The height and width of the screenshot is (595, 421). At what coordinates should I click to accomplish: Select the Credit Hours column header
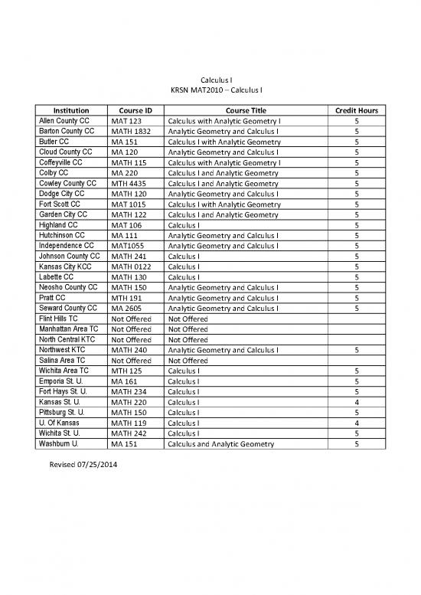pos(357,111)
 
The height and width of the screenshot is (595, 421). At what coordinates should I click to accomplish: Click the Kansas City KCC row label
pos(67,266)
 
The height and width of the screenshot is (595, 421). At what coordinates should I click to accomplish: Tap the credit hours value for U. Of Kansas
pos(357,423)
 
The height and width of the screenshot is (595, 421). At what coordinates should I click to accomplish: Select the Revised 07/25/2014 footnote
pos(80,464)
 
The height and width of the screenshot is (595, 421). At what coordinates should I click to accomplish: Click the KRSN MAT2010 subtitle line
pos(210,90)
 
